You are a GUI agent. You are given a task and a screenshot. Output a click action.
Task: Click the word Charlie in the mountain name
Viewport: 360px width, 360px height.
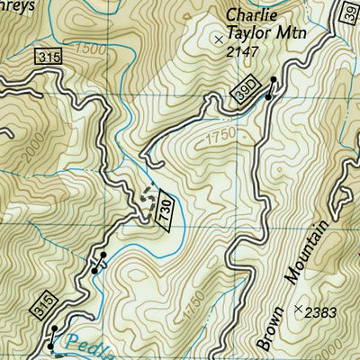point(248,14)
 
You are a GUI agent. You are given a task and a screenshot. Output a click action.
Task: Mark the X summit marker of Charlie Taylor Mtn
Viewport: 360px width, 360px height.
point(217,39)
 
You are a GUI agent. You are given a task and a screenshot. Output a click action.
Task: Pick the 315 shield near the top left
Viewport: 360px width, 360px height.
point(49,58)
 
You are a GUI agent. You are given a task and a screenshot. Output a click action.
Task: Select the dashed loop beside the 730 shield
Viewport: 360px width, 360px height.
point(147,199)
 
